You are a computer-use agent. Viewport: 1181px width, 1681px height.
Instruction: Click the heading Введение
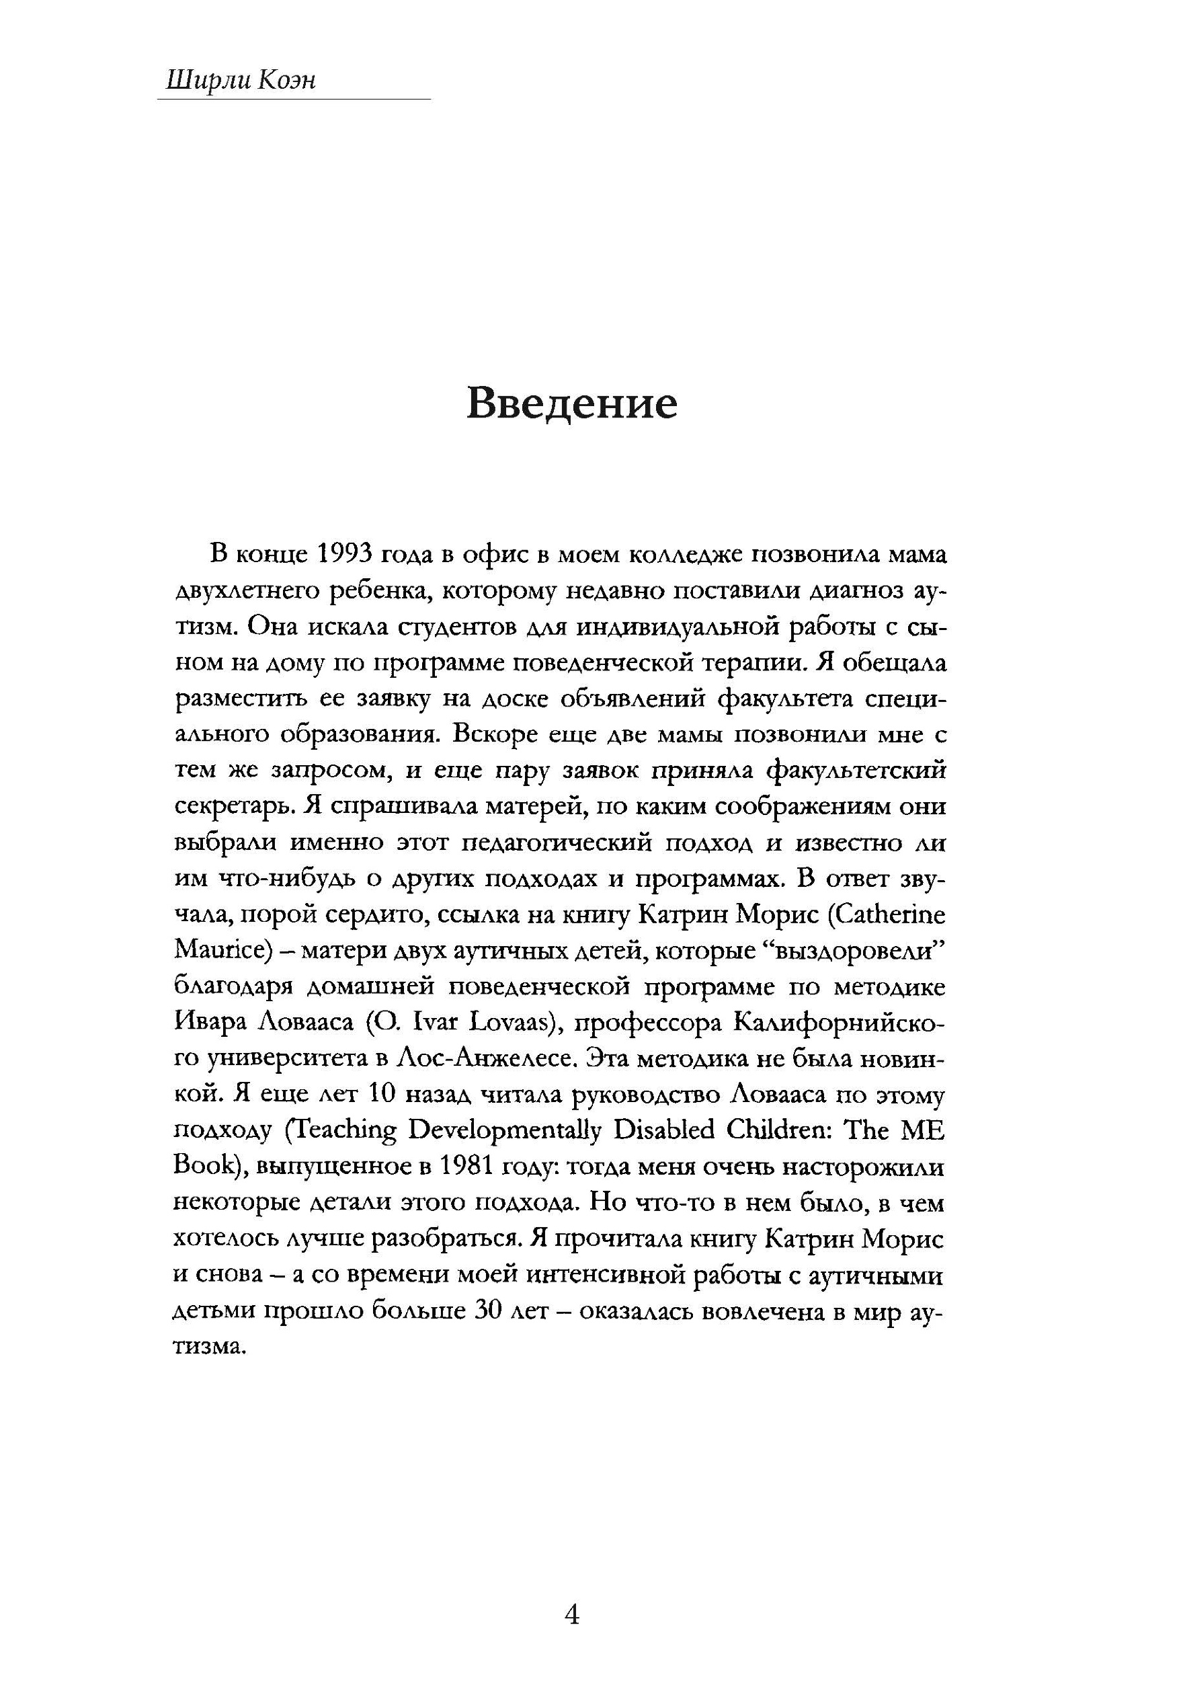coord(571,403)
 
